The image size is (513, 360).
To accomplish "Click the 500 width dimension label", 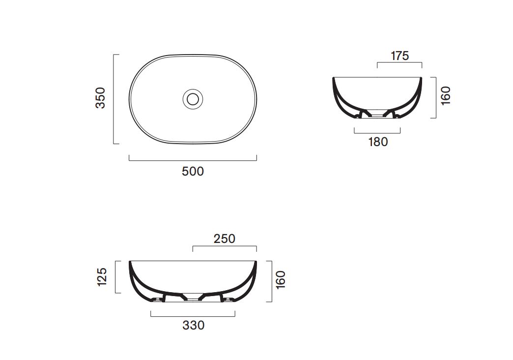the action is [x=193, y=171].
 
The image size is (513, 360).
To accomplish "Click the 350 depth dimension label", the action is [x=100, y=97].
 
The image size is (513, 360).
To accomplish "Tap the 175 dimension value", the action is [x=400, y=56].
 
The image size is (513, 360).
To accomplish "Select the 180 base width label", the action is [x=378, y=142].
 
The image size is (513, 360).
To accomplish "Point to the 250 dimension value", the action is [x=225, y=239].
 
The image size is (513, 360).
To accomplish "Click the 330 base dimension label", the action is [x=193, y=325].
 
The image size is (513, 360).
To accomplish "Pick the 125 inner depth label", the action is [x=102, y=277].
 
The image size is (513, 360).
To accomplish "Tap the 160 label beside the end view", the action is [x=446, y=95].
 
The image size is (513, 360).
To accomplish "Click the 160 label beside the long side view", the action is [x=281, y=280].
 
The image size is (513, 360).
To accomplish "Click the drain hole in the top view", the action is [x=193, y=99].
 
